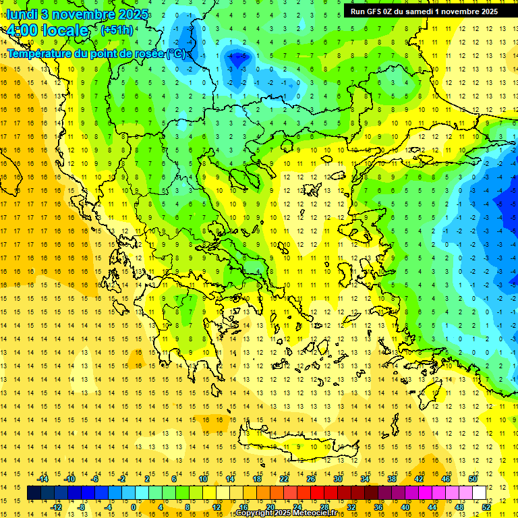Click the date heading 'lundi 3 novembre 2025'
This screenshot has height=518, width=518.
click(x=78, y=13)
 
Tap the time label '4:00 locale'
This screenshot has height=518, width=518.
click(x=47, y=30)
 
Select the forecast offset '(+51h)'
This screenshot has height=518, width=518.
click(x=117, y=30)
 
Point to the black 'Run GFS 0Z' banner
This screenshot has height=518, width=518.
click(x=424, y=11)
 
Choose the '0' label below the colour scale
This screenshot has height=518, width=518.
click(x=133, y=507)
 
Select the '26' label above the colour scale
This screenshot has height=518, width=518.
click(x=310, y=479)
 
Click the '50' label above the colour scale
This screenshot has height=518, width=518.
click(x=472, y=479)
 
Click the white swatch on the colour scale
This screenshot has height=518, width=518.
click(x=479, y=493)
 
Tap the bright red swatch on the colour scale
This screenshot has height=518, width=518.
click(x=317, y=493)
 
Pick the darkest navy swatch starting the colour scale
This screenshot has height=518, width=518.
click(x=34, y=493)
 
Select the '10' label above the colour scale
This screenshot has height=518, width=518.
click(x=202, y=479)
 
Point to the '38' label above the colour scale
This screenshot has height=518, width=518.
click(x=391, y=479)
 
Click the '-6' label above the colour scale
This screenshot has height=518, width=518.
click(x=95, y=479)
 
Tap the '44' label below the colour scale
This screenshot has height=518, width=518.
click(x=432, y=507)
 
